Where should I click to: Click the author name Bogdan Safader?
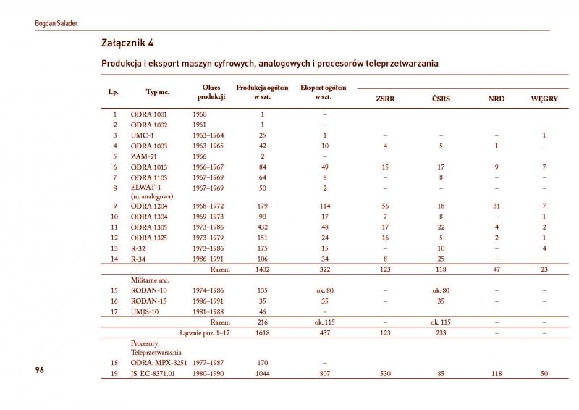click(56, 23)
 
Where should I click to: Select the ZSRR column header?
click(385, 99)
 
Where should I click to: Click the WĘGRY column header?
click(544, 99)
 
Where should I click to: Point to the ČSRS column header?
click(440, 99)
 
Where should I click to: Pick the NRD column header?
click(496, 99)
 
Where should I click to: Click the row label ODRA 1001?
click(148, 114)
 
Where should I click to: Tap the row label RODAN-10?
click(149, 290)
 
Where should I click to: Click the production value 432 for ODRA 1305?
click(262, 227)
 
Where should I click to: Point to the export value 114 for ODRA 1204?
click(324, 206)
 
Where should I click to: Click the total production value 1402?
click(262, 269)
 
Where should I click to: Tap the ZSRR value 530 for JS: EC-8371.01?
click(385, 374)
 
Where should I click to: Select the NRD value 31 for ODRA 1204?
click(496, 206)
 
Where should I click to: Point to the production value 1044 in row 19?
click(262, 374)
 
